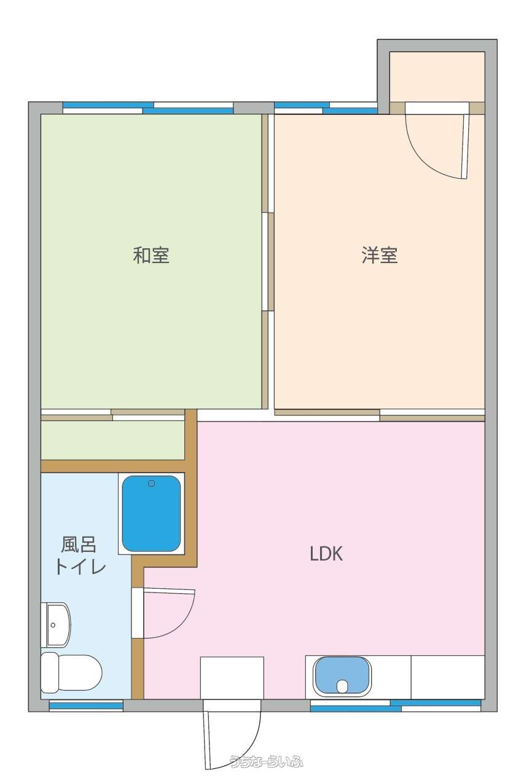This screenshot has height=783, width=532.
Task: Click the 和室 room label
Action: coord(151,255)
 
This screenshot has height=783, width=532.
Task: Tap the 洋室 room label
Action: coord(380,255)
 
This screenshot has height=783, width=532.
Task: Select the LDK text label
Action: coord(326,554)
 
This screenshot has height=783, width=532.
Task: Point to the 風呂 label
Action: coord(79,545)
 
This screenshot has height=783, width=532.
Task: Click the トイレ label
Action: coord(80,567)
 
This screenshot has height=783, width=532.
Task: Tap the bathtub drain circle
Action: coord(151,484)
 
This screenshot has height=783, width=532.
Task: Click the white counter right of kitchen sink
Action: coord(447,677)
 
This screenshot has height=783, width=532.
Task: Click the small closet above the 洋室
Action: coord(437,77)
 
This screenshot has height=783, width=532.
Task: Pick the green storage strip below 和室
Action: coord(113,440)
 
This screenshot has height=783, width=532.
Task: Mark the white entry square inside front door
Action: coord(232,678)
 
